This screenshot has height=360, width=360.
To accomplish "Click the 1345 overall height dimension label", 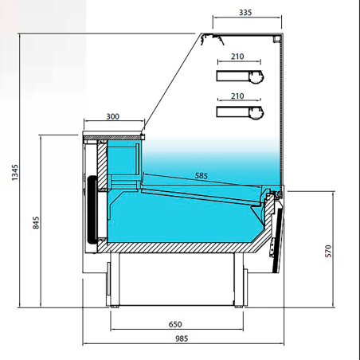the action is point(15,173).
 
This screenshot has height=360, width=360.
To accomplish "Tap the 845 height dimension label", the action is point(36,222).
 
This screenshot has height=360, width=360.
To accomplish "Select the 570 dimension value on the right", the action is point(328,251).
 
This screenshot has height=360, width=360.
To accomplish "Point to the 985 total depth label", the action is point(182,338).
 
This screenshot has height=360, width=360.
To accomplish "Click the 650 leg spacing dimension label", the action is point(175,324).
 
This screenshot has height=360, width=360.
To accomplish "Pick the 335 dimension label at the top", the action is point(245,13).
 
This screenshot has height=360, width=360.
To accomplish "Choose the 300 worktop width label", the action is point(113,116).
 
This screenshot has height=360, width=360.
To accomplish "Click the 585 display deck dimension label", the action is point(202,175).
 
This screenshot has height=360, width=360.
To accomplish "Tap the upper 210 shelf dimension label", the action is point(237,57).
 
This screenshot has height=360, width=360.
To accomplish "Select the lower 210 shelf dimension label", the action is point(237,96).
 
